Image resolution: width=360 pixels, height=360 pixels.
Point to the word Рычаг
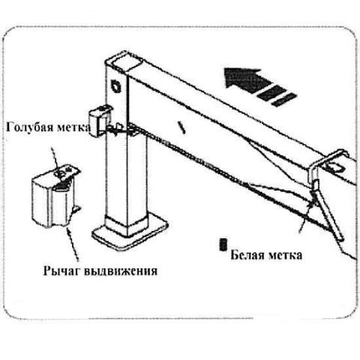(61, 271)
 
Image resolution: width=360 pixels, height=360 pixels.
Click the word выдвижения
(120, 271)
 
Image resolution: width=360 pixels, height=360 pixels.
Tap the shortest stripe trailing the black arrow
(284, 100)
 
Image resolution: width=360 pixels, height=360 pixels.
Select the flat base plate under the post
(130, 232)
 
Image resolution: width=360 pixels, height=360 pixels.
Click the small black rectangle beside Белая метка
(223, 244)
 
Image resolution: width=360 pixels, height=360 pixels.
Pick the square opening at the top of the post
(126, 63)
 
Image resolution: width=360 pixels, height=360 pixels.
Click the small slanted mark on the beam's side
(182, 127)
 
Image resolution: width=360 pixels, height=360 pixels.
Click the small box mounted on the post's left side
(99, 121)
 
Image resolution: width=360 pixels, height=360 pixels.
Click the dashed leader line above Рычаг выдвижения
(73, 242)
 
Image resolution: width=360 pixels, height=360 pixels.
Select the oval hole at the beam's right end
(334, 166)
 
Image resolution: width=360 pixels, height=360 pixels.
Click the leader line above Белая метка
(305, 215)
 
